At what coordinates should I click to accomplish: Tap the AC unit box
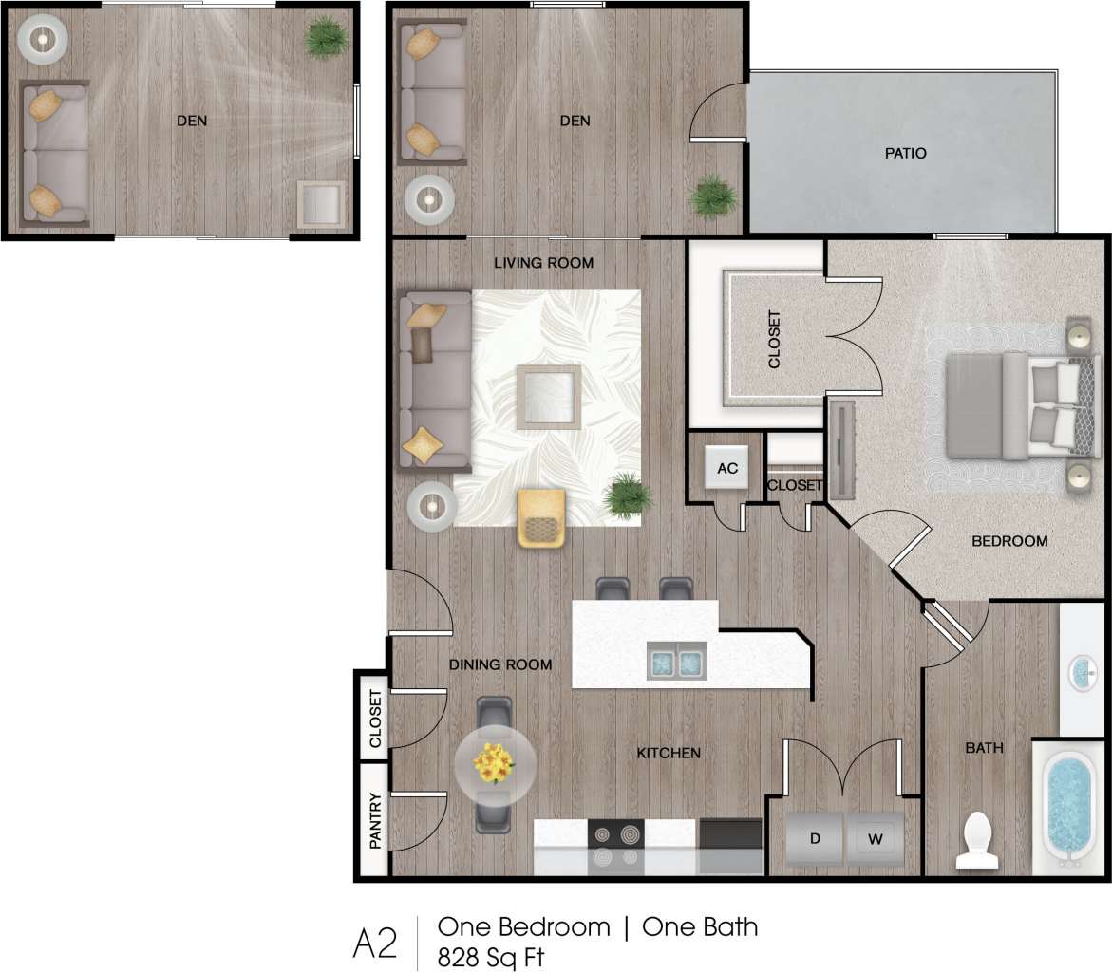point(727,468)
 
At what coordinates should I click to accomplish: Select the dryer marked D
point(815,838)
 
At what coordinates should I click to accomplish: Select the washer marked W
point(876,838)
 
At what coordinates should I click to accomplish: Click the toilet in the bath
point(977,839)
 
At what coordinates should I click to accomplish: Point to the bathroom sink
point(1084,673)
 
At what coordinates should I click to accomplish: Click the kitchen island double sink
point(676,659)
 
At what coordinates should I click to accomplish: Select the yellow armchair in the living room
point(541,518)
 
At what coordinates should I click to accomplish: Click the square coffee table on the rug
point(549,397)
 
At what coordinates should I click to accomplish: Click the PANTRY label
point(375,820)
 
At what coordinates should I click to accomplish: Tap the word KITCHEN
point(669,754)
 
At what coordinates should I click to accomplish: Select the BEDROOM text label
point(1009,541)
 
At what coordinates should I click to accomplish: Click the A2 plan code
point(374,943)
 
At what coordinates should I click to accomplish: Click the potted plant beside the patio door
point(713,196)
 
